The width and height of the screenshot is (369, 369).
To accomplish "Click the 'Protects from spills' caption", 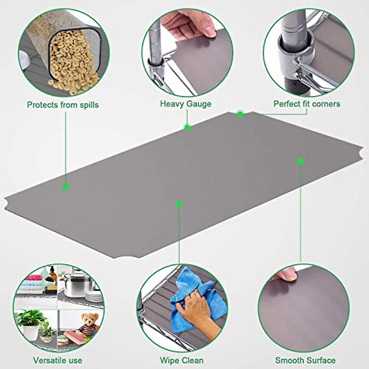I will point(63,105).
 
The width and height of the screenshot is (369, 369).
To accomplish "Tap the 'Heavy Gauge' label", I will point(185,104).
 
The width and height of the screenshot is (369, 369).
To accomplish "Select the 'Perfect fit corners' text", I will point(307,104).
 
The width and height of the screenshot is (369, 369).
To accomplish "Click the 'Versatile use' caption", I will point(58,360).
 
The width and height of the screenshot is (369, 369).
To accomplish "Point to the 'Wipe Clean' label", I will point(181,360).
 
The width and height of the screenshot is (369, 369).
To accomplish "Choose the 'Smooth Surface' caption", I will point(305,360).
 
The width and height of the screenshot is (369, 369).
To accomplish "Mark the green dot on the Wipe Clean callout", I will point(179,204).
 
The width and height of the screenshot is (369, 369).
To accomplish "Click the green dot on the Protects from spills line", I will point(65,186).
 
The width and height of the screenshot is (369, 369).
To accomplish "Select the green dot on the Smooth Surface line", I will point(300,161).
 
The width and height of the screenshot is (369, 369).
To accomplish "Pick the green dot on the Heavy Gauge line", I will point(187,127).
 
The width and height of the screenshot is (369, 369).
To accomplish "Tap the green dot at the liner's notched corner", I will point(240,114).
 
